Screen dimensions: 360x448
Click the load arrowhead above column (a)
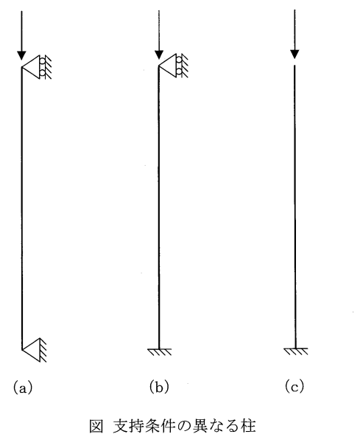[x=21, y=55]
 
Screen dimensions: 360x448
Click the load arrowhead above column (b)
[x=159, y=55]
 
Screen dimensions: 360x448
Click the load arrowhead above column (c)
[x=294, y=55]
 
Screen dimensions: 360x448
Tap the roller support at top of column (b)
[x=173, y=66]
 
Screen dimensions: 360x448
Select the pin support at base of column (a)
[x=35, y=350]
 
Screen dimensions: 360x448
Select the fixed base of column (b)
[x=160, y=352]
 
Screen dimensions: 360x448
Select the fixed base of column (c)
[x=296, y=351]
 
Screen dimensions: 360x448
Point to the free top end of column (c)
[x=295, y=66]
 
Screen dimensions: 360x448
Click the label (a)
[x=23, y=388]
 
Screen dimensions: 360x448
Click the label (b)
[x=159, y=387]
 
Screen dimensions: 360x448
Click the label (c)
[x=294, y=387]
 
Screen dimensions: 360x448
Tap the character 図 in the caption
[x=96, y=426]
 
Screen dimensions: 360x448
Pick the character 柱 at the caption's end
[x=248, y=426]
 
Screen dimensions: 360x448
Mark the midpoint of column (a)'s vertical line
[x=21, y=209]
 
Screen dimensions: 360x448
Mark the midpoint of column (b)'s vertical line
[x=159, y=208]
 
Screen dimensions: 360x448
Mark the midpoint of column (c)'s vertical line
[x=295, y=207]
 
